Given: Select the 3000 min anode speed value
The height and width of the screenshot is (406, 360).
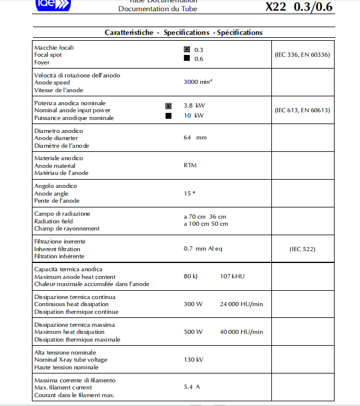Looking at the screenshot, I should pyautogui.click(x=198, y=83).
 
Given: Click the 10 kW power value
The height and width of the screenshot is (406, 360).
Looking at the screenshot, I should pyautogui.click(x=194, y=115).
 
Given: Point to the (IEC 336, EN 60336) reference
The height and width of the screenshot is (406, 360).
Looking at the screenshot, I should pyautogui.click(x=302, y=54).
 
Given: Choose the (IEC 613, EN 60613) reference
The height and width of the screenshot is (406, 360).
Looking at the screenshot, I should pyautogui.click(x=302, y=110).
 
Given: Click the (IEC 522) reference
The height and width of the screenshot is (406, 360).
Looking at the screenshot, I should pyautogui.click(x=302, y=249).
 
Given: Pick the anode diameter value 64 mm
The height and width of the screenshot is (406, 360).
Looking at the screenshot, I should pyautogui.click(x=195, y=138).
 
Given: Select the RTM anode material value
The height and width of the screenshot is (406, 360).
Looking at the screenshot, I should pyautogui.click(x=190, y=165).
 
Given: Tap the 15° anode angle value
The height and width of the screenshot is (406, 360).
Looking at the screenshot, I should pyautogui.click(x=189, y=193).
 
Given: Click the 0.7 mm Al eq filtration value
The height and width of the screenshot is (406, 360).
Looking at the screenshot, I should pyautogui.click(x=203, y=249).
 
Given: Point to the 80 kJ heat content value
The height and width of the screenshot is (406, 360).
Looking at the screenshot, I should pyautogui.click(x=190, y=276).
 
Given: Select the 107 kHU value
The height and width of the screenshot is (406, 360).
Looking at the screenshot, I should pyautogui.click(x=231, y=276).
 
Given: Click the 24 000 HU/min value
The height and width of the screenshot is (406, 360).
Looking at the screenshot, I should pyautogui.click(x=241, y=304).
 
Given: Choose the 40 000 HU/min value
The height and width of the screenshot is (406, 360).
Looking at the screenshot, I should pyautogui.click(x=241, y=332).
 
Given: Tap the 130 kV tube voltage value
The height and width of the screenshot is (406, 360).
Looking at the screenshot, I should pyautogui.click(x=193, y=359).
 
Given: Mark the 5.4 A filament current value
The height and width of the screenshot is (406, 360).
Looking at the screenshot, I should pyautogui.click(x=192, y=387).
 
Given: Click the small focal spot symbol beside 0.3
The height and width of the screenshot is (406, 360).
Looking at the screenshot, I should pyautogui.click(x=187, y=50).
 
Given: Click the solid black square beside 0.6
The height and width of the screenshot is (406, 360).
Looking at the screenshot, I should pyautogui.click(x=187, y=59).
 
